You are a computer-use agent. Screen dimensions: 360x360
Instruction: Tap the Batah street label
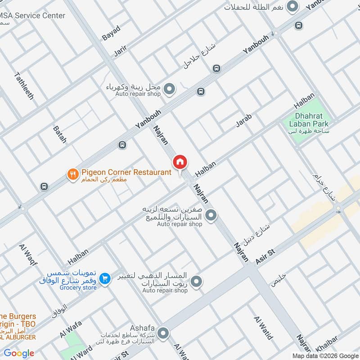pyautogui.click(x=60, y=135)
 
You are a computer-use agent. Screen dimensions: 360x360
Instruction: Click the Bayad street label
pyautogui.click(x=111, y=33)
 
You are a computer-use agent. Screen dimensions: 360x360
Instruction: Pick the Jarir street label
pyautogui.click(x=120, y=50)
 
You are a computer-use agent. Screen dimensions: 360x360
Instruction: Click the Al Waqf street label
pyautogui.click(x=28, y=255)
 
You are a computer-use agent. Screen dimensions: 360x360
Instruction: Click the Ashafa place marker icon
pyautogui.click(x=163, y=333)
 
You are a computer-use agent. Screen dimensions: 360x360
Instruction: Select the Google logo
pyautogui.click(x=19, y=353)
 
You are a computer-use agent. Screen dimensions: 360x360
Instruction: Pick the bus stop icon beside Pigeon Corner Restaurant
pyautogui.click(x=44, y=186)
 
